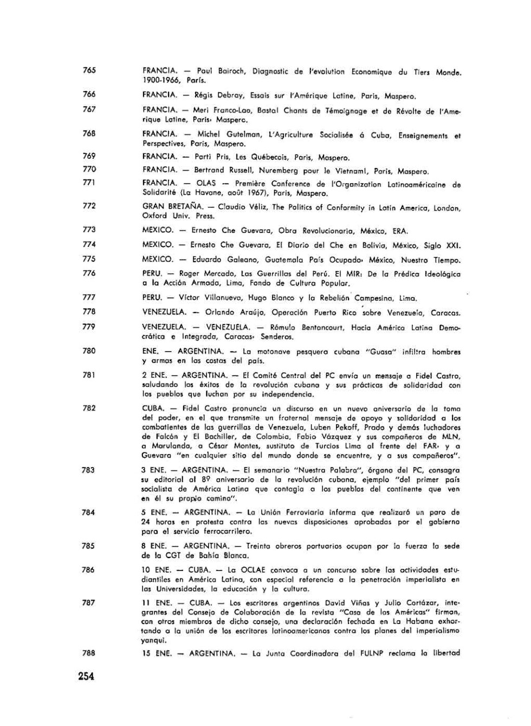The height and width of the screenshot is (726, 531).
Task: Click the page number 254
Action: (x=86, y=676)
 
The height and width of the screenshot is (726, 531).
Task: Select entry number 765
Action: (x=89, y=70)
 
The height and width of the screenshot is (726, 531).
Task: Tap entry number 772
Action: (x=89, y=206)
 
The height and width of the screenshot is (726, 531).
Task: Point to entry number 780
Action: (x=89, y=351)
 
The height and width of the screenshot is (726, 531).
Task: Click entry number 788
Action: (x=89, y=653)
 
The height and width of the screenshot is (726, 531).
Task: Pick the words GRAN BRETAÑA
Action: (x=173, y=206)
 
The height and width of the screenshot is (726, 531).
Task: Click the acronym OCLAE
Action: (x=253, y=570)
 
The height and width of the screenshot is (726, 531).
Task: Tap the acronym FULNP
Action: (x=371, y=653)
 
